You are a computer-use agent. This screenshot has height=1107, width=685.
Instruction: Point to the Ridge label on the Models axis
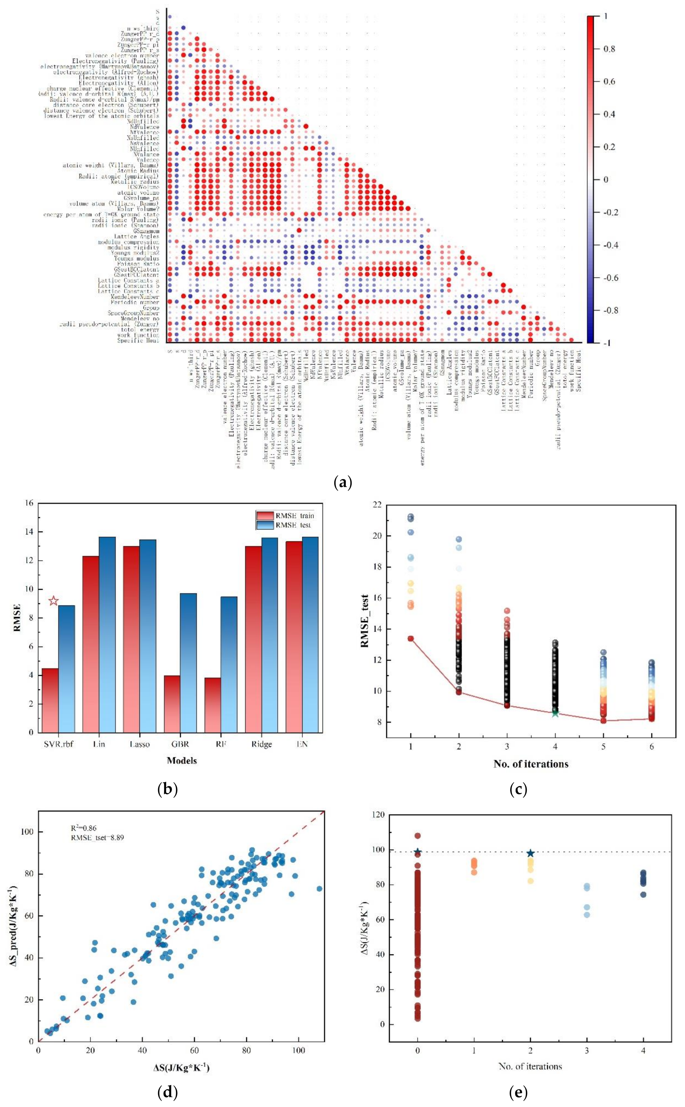pyautogui.click(x=261, y=744)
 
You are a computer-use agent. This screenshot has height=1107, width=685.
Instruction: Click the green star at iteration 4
pyautogui.click(x=555, y=713)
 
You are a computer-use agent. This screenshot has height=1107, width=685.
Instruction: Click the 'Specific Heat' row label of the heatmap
pyautogui.click(x=138, y=341)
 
